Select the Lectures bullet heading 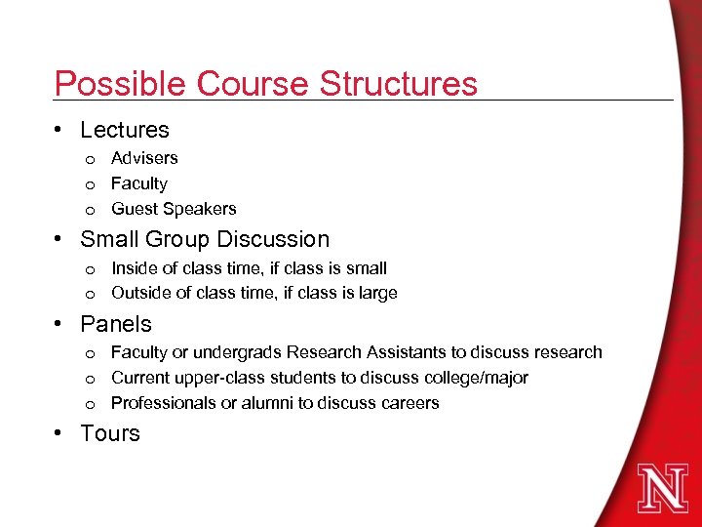(x=125, y=130)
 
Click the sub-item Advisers (x=144, y=158)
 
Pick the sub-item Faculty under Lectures (x=139, y=183)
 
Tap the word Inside (x=134, y=267)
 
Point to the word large (x=376, y=293)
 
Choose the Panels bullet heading (x=116, y=324)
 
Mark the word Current (x=140, y=378)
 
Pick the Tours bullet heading (x=110, y=433)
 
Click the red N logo (x=662, y=487)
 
